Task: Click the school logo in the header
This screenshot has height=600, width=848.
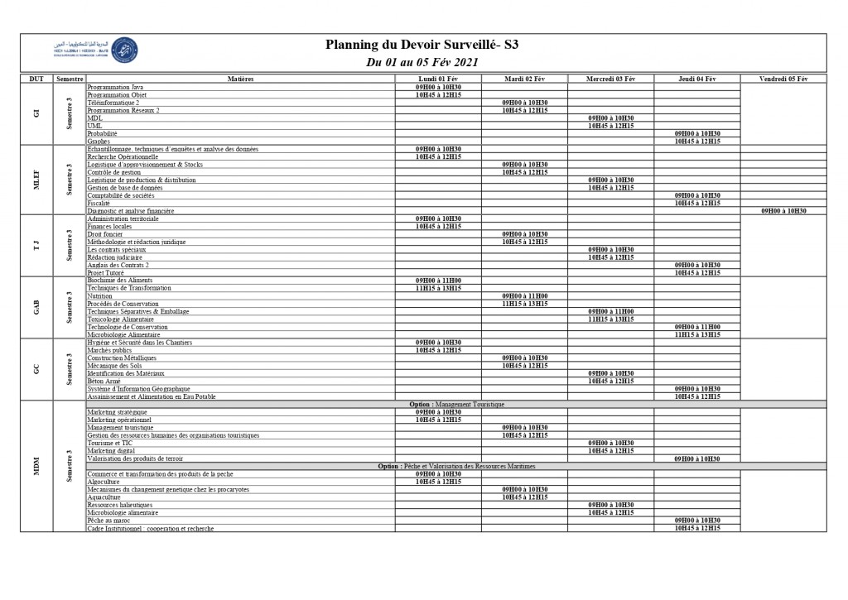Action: (x=125, y=51)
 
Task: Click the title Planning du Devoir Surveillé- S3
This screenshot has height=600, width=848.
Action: (x=423, y=45)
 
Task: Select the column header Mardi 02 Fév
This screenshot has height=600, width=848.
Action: (x=524, y=79)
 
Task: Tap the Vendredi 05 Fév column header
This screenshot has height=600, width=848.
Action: (x=783, y=79)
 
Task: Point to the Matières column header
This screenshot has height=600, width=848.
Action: (x=240, y=79)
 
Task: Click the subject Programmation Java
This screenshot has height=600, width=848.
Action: (x=115, y=87)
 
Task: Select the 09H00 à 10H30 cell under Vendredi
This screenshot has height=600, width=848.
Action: (x=783, y=211)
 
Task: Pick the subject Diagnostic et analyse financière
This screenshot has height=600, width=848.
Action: (x=131, y=211)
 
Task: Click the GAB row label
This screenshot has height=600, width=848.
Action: (x=36, y=307)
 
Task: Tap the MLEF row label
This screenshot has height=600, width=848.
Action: (x=36, y=180)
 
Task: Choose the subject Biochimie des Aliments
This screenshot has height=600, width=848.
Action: (x=120, y=281)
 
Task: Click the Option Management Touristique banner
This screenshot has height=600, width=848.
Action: (x=456, y=404)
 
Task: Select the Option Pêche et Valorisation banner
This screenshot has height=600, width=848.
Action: (x=456, y=466)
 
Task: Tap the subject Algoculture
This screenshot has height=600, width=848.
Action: (x=104, y=482)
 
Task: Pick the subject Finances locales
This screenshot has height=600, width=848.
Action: (x=109, y=226)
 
